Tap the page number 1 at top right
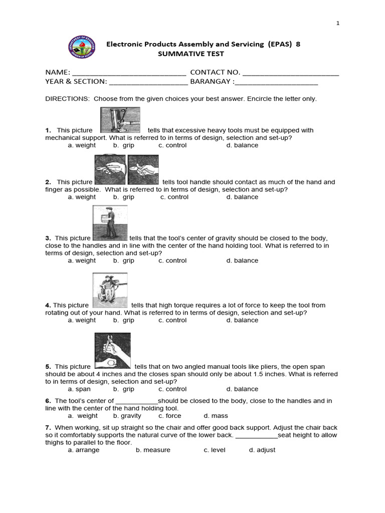[338, 23]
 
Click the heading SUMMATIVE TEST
[191, 54]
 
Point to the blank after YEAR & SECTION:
[148, 82]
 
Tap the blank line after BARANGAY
[276, 82]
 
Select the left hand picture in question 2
[110, 170]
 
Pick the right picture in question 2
[143, 170]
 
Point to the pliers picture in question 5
[113, 351]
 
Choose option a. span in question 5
[79, 389]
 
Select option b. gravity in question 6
[127, 416]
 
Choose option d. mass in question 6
[216, 416]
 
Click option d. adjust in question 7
[262, 450]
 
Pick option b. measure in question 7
[153, 450]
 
